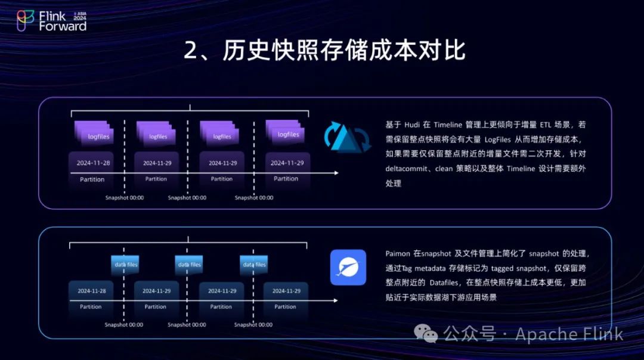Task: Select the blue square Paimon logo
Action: tap(348, 267)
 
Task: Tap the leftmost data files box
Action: tap(125, 264)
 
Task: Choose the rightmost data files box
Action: tap(253, 264)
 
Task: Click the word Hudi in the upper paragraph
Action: tap(412, 125)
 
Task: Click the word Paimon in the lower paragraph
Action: tap(398, 253)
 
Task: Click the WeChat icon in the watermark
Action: tap(426, 333)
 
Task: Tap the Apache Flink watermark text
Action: tap(569, 334)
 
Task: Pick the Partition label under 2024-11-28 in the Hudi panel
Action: tap(92, 179)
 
